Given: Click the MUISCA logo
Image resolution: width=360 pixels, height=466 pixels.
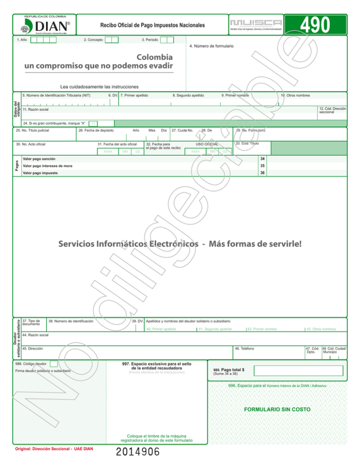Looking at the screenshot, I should [x=256, y=23].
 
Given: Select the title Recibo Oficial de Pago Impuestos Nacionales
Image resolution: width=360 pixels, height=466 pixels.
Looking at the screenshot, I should [x=152, y=24].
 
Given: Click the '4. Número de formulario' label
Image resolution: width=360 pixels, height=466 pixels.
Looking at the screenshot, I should [x=211, y=46].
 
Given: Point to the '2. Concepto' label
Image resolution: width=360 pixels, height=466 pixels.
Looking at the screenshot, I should [x=93, y=40].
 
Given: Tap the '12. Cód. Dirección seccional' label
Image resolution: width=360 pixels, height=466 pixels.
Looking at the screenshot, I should [x=333, y=110].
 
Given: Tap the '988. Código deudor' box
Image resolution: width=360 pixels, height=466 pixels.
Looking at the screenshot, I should [x=54, y=363].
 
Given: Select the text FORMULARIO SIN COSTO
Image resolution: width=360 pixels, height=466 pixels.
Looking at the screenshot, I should [x=277, y=409].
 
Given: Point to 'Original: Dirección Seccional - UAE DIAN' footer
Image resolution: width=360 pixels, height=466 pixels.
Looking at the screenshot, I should [x=54, y=449].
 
